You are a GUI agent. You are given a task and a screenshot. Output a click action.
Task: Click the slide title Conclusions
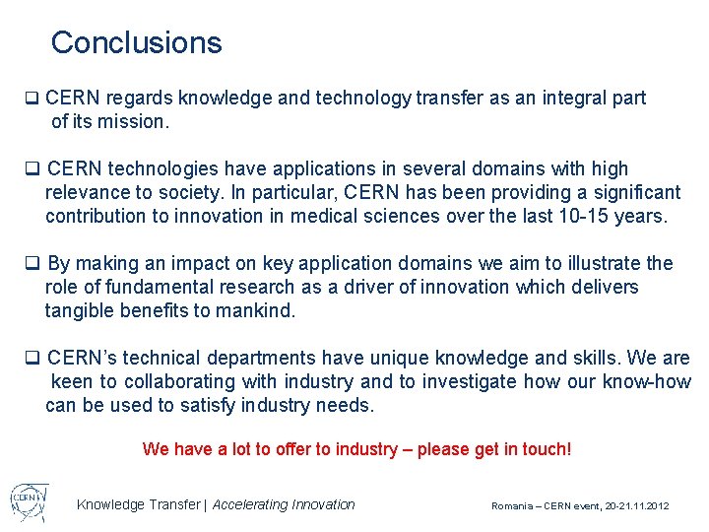[x=136, y=42]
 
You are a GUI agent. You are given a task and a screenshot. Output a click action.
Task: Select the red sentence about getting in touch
[x=356, y=449]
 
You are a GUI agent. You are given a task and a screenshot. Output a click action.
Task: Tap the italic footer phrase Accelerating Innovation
[x=284, y=504]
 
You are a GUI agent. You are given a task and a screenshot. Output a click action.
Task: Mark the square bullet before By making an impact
[x=32, y=264]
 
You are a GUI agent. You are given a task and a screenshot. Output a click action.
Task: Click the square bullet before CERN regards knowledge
[x=32, y=99]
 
